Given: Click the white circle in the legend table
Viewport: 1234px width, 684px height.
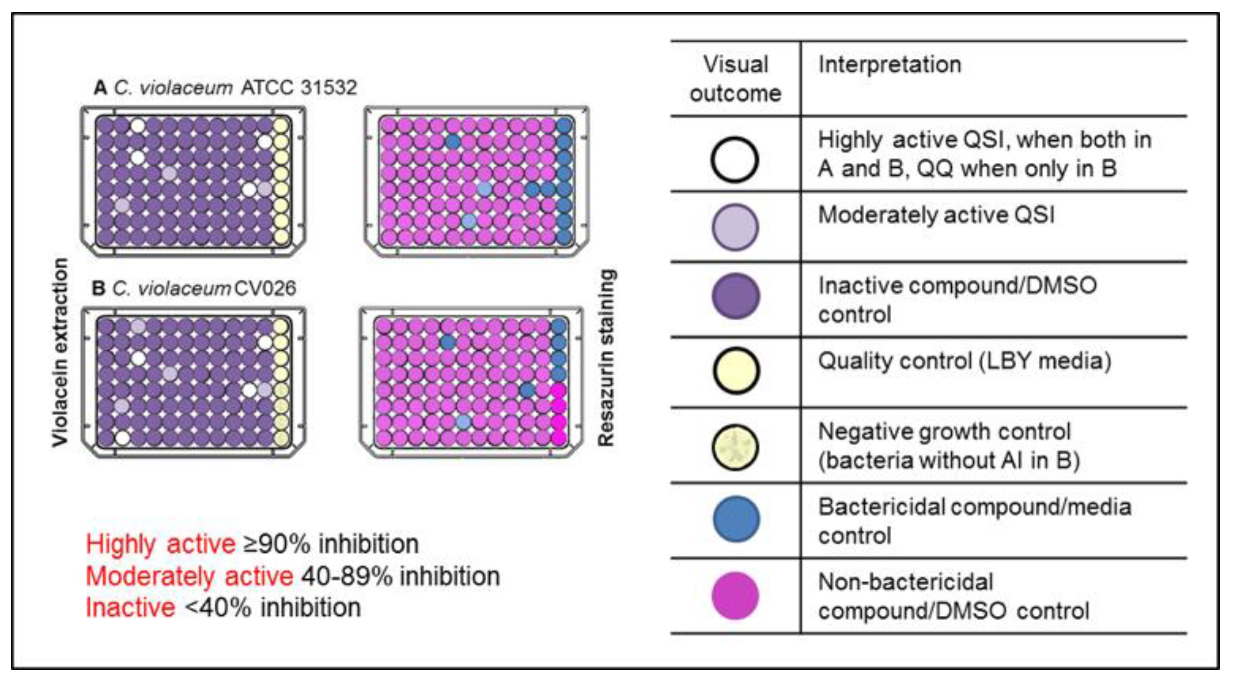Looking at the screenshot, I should coord(734,159).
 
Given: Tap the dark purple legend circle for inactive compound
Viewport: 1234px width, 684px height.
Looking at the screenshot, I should coord(736,296).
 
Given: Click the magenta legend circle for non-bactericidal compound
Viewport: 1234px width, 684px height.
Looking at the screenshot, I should coord(736,595).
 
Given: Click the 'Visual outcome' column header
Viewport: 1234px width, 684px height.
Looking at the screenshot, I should coord(736,79).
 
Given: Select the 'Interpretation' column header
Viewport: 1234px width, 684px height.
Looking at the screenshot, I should coord(890,64).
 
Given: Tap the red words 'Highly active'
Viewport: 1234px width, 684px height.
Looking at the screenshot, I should coord(161,544).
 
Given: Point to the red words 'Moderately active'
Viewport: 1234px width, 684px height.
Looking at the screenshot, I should coord(189,576).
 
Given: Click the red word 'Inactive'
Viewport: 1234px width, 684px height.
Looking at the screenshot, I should coord(130,608).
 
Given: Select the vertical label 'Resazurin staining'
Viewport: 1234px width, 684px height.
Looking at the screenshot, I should coord(606,358).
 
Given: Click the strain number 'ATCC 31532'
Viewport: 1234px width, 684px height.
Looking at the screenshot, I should coord(299,88).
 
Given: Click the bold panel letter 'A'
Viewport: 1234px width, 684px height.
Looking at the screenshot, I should coord(100,88).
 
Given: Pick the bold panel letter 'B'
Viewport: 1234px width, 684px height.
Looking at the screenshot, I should coord(98,289).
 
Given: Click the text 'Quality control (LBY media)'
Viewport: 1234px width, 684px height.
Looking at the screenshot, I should coord(964,361).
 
